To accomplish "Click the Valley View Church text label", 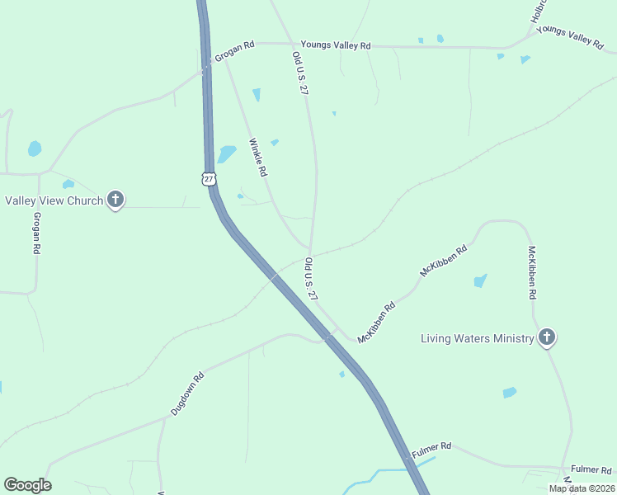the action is pyautogui.click(x=54, y=200).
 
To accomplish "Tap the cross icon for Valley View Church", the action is pyautogui.click(x=115, y=200).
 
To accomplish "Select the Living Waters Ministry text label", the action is pyautogui.click(x=478, y=338).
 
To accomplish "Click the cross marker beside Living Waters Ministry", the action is pyautogui.click(x=546, y=337).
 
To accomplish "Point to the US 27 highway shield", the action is pyautogui.click(x=209, y=178).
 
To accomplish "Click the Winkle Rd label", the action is pyautogui.click(x=258, y=158).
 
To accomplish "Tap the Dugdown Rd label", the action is pyautogui.click(x=186, y=395).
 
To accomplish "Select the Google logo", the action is pyautogui.click(x=27, y=485).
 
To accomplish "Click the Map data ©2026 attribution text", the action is pyautogui.click(x=581, y=488).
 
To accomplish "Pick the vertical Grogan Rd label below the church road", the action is pyautogui.click(x=36, y=233).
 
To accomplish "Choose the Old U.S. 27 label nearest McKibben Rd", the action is pyautogui.click(x=311, y=279).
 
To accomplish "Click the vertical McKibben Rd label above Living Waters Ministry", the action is pyautogui.click(x=532, y=271).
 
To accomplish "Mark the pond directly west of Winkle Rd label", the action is pyautogui.click(x=226, y=153).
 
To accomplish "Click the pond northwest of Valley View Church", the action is pyautogui.click(x=35, y=148).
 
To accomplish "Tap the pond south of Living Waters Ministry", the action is pyautogui.click(x=509, y=392).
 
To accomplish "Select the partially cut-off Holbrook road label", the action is pyautogui.click(x=539, y=11).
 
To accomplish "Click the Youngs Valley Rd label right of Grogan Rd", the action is pyautogui.click(x=336, y=45).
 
